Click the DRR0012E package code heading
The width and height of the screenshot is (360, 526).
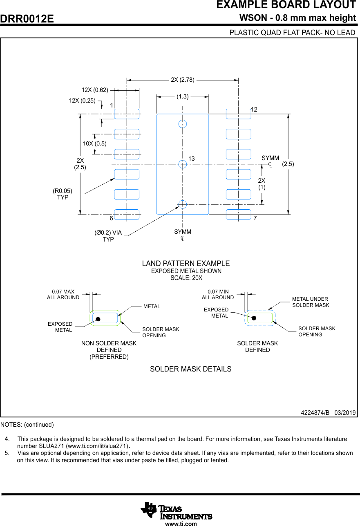(27, 19)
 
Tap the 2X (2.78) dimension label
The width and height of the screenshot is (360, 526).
(183, 80)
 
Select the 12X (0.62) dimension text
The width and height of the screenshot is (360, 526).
(95, 90)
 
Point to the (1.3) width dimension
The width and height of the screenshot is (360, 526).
(183, 96)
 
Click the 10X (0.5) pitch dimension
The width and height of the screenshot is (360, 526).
(95, 143)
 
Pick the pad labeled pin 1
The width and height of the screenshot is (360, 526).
(127, 114)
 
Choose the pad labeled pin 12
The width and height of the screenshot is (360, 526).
(238, 114)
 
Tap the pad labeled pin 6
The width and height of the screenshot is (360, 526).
(127, 214)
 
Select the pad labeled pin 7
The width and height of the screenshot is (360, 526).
(238, 214)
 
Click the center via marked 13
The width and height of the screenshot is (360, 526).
(183, 164)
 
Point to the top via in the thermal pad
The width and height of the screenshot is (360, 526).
(183, 124)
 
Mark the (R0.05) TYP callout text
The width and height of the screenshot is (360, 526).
(63, 194)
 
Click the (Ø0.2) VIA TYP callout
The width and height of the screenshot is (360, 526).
(108, 236)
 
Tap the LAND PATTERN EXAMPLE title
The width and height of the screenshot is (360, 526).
(186, 264)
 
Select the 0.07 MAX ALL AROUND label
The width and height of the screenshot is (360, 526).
(63, 295)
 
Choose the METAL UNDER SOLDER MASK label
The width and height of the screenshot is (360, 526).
(311, 302)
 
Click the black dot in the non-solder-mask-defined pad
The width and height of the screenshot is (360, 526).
(98, 319)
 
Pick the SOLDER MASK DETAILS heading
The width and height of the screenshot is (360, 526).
(190, 369)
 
